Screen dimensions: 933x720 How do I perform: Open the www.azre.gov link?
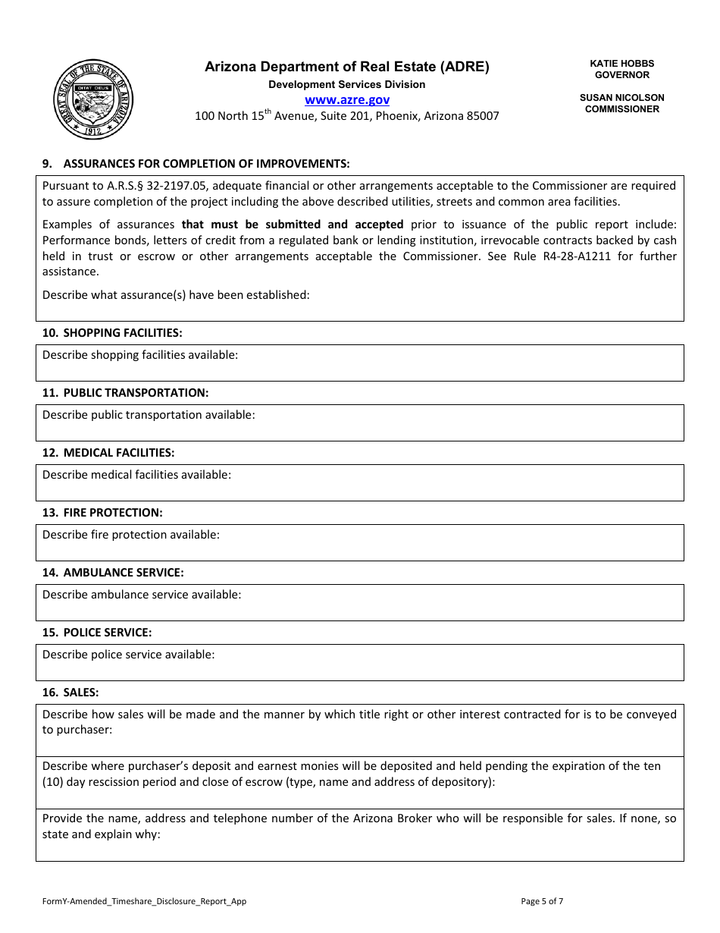pyautogui.click(x=347, y=100)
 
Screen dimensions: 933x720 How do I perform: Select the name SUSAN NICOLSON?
pyautogui.click(x=621, y=98)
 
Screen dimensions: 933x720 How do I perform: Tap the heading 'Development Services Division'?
pyautogui.click(x=347, y=84)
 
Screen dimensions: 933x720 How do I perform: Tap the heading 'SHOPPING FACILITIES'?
pyautogui.click(x=122, y=333)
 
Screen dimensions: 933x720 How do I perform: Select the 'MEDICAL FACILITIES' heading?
pyautogui.click(x=118, y=453)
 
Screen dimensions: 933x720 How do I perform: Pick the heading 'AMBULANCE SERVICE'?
pyautogui.click(x=123, y=573)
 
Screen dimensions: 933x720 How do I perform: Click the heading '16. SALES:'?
pyautogui.click(x=70, y=693)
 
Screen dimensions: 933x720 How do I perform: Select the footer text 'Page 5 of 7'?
pyautogui.click(x=542, y=901)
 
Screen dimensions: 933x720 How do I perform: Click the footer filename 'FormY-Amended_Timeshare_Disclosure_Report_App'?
pyautogui.click(x=144, y=901)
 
